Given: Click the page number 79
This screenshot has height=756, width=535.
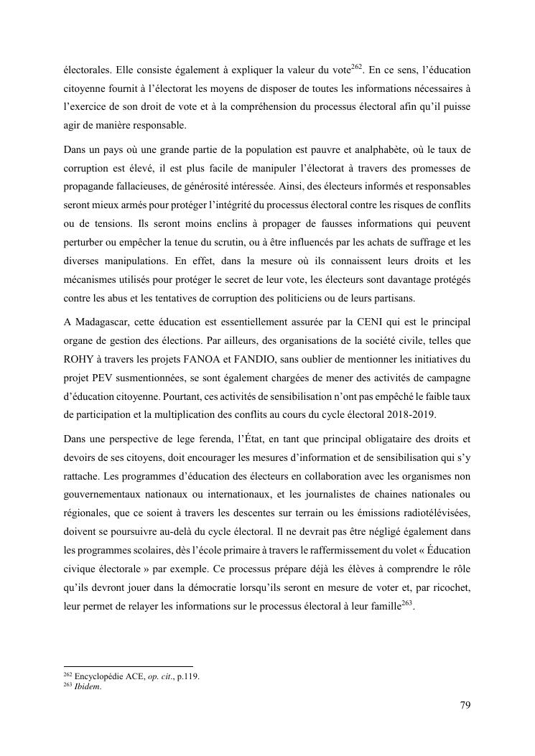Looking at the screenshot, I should [x=465, y=705].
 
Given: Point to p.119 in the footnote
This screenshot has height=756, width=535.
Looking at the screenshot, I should [x=187, y=676].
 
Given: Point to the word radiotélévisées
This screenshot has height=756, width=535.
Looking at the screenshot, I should [x=432, y=494].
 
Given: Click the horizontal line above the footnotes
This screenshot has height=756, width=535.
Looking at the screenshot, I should [x=129, y=666].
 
